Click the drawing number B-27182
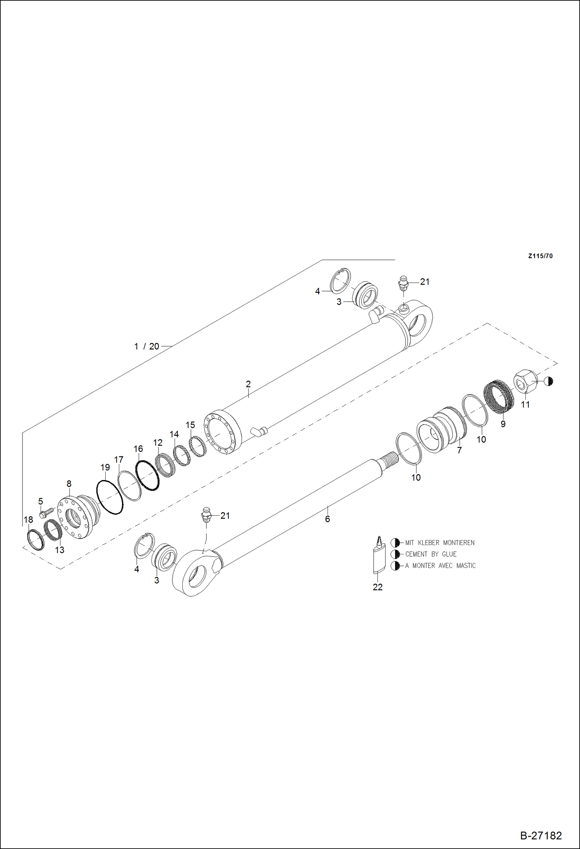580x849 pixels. (541, 835)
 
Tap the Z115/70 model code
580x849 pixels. (540, 256)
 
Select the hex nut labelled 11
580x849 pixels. (525, 381)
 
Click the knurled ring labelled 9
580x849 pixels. (499, 396)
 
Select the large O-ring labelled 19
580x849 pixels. (110, 497)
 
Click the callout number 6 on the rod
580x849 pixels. (328, 519)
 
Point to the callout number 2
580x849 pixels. (248, 384)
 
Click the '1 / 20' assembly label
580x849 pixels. (147, 346)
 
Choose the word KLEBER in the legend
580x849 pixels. (428, 543)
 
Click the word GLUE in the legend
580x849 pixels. (449, 554)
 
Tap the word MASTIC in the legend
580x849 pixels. (466, 566)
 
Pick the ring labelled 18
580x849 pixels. (36, 539)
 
